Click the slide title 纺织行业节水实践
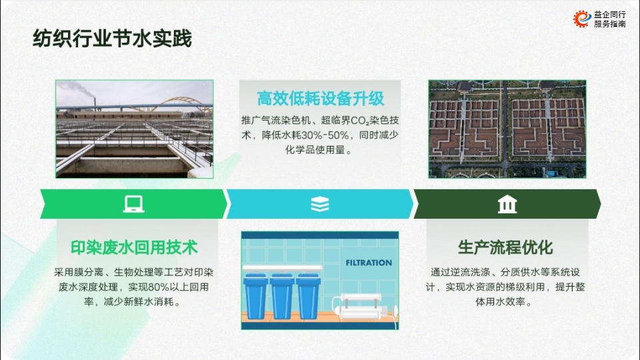point(112,39)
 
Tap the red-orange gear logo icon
point(582,19)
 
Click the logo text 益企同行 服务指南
point(610,19)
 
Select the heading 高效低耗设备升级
point(321,99)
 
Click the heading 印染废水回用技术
point(134,247)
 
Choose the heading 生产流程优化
point(505,247)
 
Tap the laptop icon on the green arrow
point(134,204)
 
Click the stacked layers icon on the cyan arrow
point(320,204)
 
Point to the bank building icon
point(507,204)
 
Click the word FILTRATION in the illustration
point(369,263)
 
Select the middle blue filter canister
point(283,296)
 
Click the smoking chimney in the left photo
point(95,104)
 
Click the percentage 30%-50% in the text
point(325,135)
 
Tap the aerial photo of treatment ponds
point(507,129)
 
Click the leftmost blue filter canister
point(255,296)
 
